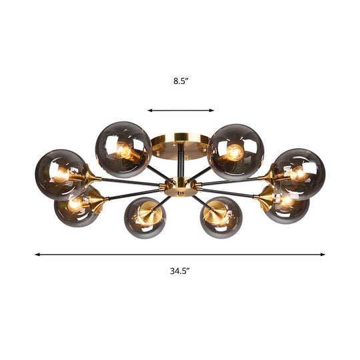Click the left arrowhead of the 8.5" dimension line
point(150,110)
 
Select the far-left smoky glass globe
point(61,175)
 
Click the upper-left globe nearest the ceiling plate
point(121,149)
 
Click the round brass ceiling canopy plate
point(178,145)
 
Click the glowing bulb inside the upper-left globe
point(125,151)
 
